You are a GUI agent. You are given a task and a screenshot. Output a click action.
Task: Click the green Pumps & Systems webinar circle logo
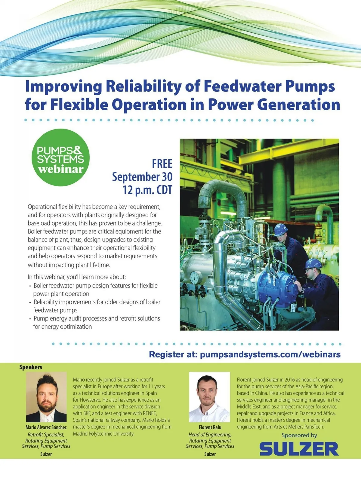[x=61, y=157]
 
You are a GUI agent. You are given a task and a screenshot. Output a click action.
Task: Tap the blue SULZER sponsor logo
[x=299, y=449]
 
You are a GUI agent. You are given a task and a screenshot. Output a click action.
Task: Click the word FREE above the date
[x=162, y=164]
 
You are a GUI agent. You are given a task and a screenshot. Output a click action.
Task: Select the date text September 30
[x=142, y=177]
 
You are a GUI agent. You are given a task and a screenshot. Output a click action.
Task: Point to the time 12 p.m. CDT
[x=147, y=190]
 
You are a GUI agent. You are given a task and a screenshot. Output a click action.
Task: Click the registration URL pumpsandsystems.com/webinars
[x=270, y=354]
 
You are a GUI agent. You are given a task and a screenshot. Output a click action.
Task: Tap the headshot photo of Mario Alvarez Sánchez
[x=46, y=397]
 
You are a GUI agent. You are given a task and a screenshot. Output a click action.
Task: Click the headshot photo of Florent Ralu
[x=209, y=397]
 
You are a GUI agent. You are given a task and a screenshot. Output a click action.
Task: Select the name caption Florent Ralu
[x=210, y=427]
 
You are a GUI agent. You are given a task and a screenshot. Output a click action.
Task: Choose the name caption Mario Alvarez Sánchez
[x=46, y=427]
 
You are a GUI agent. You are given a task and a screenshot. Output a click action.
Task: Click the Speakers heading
[x=31, y=367]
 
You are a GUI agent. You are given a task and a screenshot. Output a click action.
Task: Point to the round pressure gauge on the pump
[x=196, y=277]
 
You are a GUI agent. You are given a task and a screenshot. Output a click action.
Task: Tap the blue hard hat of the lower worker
[x=313, y=264]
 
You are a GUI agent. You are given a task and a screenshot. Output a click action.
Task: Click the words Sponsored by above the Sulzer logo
[x=299, y=435]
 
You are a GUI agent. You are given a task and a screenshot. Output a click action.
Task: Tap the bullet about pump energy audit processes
[x=94, y=323]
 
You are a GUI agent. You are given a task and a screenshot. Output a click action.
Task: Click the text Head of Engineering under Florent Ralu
[x=210, y=435]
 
